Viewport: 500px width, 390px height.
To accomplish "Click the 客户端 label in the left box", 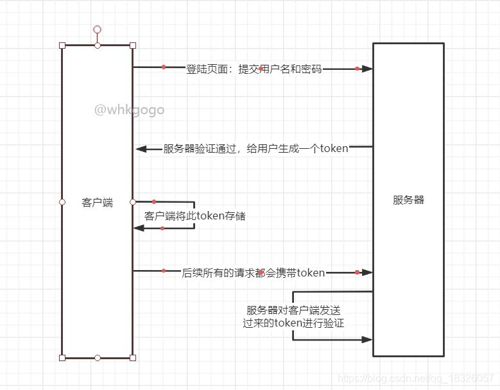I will tap(98, 202).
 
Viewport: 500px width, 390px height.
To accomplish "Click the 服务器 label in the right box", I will tap(409, 199).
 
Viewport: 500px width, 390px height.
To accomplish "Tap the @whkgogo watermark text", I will tap(129, 110).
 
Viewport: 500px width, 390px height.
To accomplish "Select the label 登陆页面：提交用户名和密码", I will tap(254, 69).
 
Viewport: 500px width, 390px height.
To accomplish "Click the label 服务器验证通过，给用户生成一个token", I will tap(255, 148).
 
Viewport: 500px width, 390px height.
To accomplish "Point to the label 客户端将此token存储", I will tap(195, 216).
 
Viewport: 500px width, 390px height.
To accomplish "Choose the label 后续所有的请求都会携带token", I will tap(253, 273).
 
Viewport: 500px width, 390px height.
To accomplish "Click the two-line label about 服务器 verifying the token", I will tap(294, 316).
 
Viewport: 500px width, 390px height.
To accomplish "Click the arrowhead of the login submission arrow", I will tap(367, 68).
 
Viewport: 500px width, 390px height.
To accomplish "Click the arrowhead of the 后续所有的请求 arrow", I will tap(367, 272).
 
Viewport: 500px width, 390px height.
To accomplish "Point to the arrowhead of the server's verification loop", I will tap(367, 339).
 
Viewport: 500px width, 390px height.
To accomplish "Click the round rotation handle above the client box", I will tap(98, 30).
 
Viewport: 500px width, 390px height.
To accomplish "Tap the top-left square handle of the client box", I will tap(62, 46).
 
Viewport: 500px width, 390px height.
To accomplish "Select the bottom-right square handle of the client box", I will tap(133, 357).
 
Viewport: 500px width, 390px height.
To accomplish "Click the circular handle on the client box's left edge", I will tap(62, 202).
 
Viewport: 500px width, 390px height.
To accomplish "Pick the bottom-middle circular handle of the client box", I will tap(98, 357).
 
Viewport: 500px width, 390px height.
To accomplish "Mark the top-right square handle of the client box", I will tap(133, 46).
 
